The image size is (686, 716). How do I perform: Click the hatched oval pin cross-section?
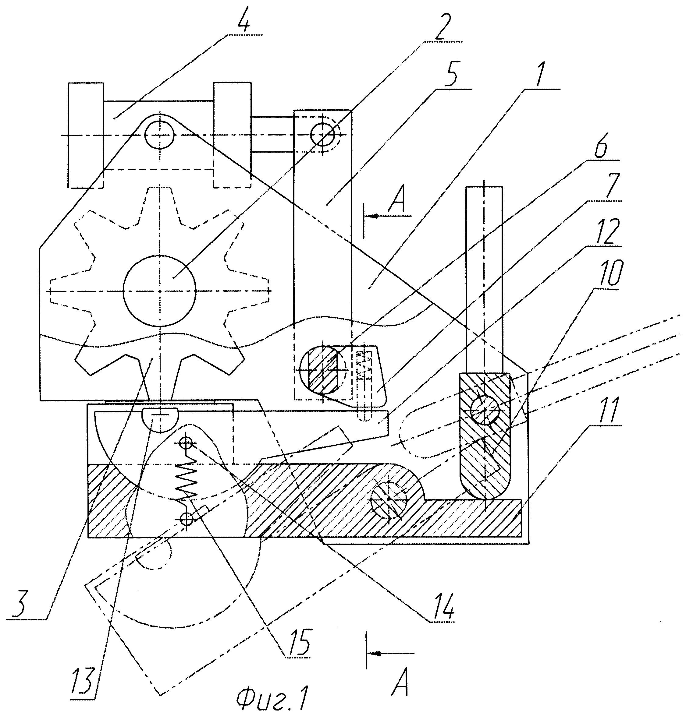click(323, 370)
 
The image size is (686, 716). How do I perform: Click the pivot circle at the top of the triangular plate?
click(159, 135)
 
